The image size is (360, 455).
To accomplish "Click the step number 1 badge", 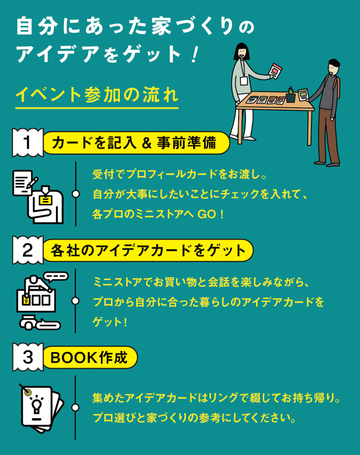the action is [28, 143].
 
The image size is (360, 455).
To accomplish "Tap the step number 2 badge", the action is [28, 250].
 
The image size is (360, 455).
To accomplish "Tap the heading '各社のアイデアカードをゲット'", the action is [148, 251].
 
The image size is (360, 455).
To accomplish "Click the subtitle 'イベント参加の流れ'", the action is [97, 95].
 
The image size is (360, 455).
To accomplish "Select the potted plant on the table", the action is [291, 95].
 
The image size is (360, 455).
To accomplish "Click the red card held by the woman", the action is [275, 71].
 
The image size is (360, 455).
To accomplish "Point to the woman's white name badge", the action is [244, 81].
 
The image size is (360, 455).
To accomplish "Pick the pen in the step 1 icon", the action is [32, 183].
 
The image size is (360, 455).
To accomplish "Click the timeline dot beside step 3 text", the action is [75, 408].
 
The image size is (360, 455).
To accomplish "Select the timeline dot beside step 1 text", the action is [76, 194].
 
